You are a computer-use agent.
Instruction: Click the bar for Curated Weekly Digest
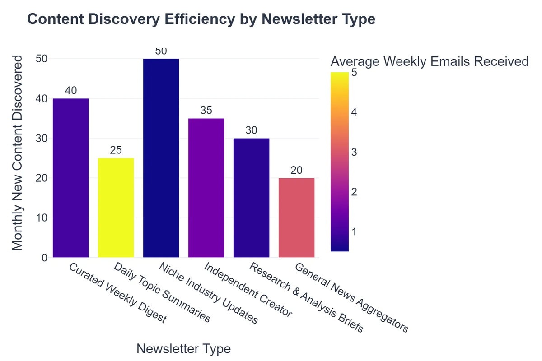(x=70, y=178)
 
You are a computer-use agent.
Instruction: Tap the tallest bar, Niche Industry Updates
(x=161, y=158)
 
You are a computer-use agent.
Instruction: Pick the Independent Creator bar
(x=206, y=188)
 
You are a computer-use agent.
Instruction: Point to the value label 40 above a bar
(x=70, y=91)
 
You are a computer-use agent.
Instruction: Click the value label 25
(x=116, y=150)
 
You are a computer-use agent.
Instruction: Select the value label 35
(x=206, y=111)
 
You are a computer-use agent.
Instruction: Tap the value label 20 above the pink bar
(x=296, y=170)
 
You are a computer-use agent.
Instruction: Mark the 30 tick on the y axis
(x=42, y=139)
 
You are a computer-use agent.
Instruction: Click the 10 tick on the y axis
(x=42, y=218)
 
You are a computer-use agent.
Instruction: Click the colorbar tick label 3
(x=355, y=152)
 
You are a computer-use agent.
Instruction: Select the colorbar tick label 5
(x=355, y=73)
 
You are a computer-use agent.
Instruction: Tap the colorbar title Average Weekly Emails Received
(x=429, y=61)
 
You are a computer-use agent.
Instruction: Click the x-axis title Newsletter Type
(x=183, y=349)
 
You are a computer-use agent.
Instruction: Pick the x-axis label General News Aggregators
(x=351, y=298)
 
